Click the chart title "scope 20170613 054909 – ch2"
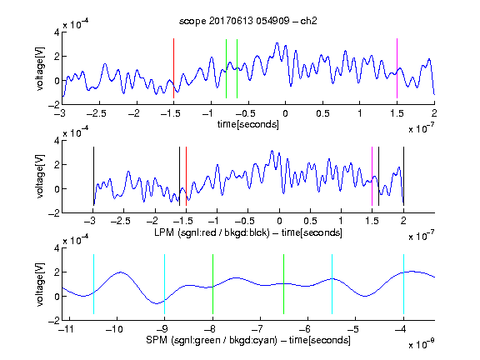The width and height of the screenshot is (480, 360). [248, 21]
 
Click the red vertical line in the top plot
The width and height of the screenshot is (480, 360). [173, 68]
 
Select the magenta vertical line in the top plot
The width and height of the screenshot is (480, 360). [397, 68]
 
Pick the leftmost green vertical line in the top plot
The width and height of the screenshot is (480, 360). [226, 68]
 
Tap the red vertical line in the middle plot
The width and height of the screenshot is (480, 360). [186, 177]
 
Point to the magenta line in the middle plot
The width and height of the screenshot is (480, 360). [372, 177]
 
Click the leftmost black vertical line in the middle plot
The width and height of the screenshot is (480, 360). [93, 177]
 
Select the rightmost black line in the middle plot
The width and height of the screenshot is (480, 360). [403, 177]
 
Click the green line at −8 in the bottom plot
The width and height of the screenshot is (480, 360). [212, 284]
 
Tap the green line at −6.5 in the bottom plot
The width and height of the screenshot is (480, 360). [284, 284]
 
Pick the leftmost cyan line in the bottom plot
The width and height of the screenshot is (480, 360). [93, 284]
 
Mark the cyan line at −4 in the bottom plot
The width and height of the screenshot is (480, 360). [403, 284]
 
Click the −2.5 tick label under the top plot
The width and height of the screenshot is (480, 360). [96, 113]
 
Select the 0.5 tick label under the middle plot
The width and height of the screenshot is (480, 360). [310, 221]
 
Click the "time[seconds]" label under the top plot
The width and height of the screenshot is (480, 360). [248, 124]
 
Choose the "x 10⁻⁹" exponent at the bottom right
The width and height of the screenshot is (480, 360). [422, 345]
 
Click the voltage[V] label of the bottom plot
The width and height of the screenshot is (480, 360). [40, 284]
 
